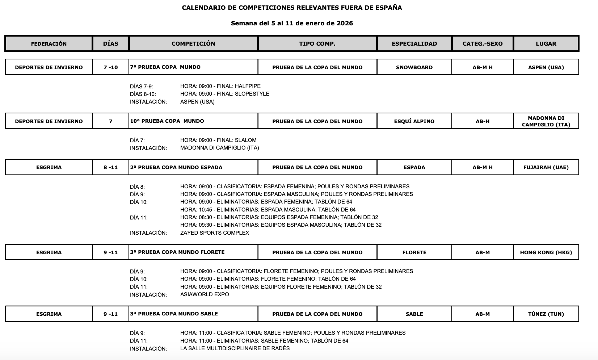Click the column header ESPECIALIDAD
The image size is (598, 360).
[x=414, y=44]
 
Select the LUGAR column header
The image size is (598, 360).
[x=546, y=44]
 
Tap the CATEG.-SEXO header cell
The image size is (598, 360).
[x=483, y=44]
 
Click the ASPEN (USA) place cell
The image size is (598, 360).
[x=546, y=67]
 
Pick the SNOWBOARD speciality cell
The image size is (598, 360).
[x=414, y=67]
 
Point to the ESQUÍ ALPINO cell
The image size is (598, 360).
[x=414, y=121]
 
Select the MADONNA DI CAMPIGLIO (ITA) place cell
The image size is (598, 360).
[x=546, y=121]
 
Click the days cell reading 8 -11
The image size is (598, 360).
[x=110, y=167]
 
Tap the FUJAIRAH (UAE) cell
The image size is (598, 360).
[x=546, y=167]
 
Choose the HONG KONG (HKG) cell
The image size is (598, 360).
[x=546, y=252]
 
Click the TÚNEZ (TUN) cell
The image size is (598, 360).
[x=546, y=314]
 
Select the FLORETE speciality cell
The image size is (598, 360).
[x=414, y=252]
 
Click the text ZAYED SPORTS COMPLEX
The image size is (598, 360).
[x=215, y=233]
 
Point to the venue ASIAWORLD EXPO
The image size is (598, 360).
[x=205, y=294]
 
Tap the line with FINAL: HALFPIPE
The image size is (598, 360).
[x=220, y=86]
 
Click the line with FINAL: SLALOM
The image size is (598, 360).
[x=218, y=140]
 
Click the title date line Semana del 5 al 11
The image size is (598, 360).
[x=292, y=24]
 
